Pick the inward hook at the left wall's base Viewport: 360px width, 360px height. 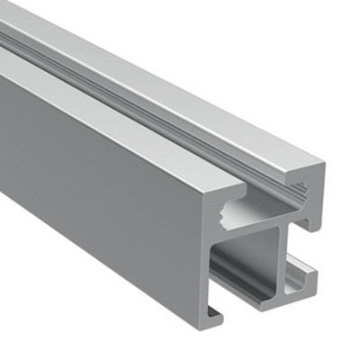[x=215, y=312]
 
